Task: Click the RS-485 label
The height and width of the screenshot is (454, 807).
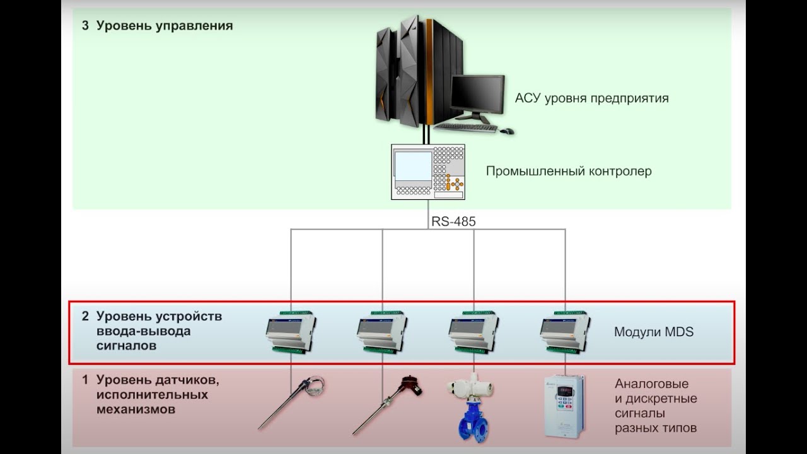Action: click(453, 221)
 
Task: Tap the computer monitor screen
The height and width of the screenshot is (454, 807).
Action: click(478, 94)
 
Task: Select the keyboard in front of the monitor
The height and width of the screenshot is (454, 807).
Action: click(466, 127)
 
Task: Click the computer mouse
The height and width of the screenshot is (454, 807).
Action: click(507, 131)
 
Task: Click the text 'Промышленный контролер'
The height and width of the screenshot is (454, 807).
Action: click(569, 171)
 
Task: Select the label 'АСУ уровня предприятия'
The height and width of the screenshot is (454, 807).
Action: click(591, 98)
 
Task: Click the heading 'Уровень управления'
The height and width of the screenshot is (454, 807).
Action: click(165, 26)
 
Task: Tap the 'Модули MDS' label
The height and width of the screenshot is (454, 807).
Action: click(654, 332)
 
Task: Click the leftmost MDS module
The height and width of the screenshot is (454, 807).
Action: click(291, 332)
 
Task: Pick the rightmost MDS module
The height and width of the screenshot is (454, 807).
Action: click(565, 332)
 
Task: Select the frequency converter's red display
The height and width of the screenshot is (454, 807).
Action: click(565, 390)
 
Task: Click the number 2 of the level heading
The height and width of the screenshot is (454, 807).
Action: click(85, 317)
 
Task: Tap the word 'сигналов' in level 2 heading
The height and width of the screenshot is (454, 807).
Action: click(126, 346)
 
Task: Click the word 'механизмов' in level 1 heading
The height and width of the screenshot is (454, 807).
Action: click(136, 410)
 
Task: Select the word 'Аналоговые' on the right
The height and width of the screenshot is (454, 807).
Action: click(651, 384)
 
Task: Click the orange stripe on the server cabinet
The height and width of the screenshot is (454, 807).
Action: click(429, 72)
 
